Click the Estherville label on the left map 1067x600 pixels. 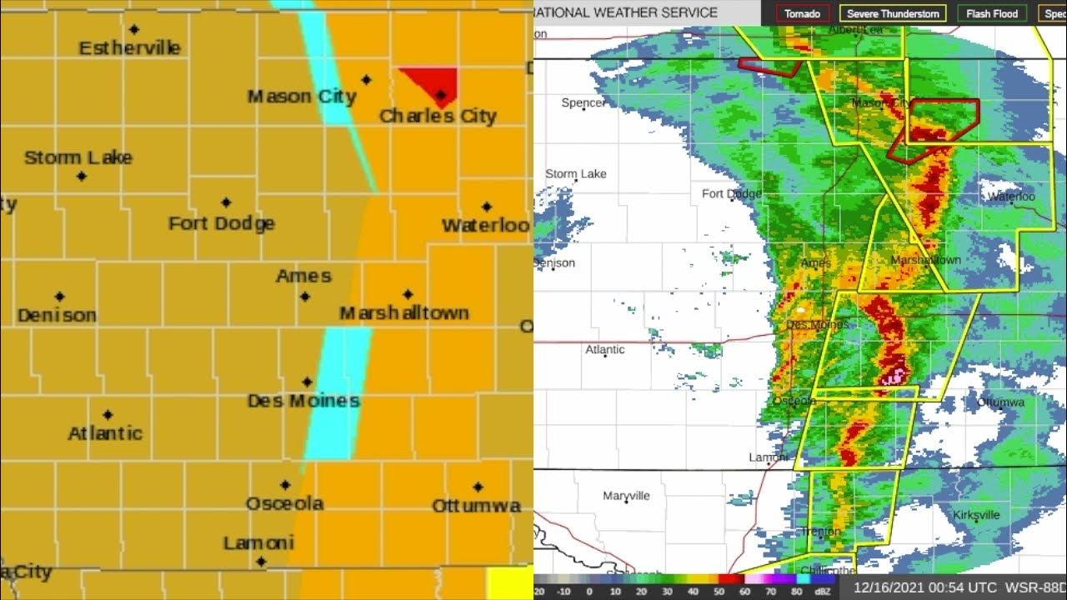pyautogui.click(x=129, y=48)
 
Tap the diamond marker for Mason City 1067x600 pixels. pyautogui.click(x=366, y=80)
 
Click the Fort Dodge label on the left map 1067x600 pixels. pyautogui.click(x=221, y=223)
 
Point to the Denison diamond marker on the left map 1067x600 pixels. pyautogui.click(x=59, y=297)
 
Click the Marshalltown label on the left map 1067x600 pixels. pyautogui.click(x=403, y=313)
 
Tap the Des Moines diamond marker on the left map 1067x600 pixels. pyautogui.click(x=307, y=382)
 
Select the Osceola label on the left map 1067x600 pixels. pyautogui.click(x=284, y=503)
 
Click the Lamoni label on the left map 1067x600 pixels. pyautogui.click(x=258, y=543)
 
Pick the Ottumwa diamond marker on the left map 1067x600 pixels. pyautogui.click(x=478, y=487)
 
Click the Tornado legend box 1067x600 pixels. pyautogui.click(x=803, y=13)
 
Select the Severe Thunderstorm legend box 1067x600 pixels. pyautogui.click(x=893, y=13)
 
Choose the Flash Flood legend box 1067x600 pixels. pyautogui.click(x=992, y=13)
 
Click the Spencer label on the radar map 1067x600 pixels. pyautogui.click(x=584, y=102)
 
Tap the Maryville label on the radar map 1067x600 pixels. pyautogui.click(x=626, y=496)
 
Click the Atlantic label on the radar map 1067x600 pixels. pyautogui.click(x=605, y=349)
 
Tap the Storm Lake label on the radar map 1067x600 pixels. pyautogui.click(x=576, y=173)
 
